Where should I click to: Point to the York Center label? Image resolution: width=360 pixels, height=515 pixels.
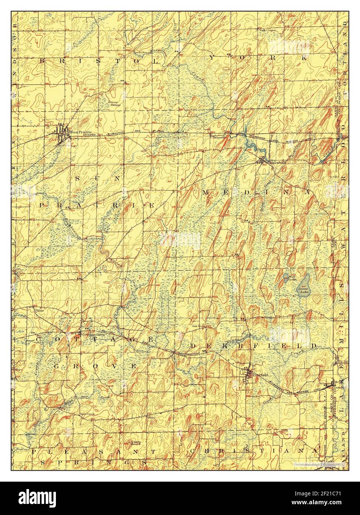click(x=268, y=30)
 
